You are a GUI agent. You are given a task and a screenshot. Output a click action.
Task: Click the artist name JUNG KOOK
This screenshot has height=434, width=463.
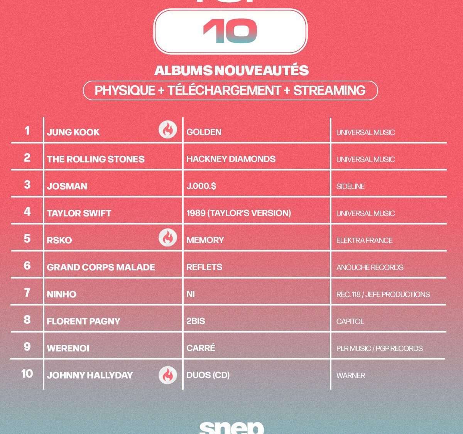coord(73,132)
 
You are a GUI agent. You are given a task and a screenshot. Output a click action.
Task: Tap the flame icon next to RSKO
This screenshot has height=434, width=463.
coord(167,238)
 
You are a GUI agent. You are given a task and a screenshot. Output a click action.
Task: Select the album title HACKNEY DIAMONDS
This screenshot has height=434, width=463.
coord(231,159)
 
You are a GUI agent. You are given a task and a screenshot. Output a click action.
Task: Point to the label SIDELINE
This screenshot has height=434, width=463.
coord(350,186)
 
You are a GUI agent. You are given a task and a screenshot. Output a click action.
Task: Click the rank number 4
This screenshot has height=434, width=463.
coord(27,212)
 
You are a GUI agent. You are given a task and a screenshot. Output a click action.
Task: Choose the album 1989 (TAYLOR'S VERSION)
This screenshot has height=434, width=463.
coord(239,213)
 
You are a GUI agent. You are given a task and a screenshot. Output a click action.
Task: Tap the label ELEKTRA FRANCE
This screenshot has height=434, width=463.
coord(364,240)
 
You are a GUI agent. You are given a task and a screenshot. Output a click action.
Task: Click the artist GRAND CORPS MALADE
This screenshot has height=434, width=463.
coord(101,267)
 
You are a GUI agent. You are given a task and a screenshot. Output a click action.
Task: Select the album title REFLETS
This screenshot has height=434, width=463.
coord(204,267)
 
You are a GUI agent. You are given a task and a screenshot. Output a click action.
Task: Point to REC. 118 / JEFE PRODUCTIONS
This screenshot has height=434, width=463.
coord(383,294)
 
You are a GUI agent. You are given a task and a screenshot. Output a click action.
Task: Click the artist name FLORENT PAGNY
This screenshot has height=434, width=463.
coord(83,321)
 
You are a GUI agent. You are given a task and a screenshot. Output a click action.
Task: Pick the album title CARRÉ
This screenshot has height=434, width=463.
coord(201,348)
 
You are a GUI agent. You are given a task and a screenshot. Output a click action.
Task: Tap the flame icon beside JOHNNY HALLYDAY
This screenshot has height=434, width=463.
coord(167,375)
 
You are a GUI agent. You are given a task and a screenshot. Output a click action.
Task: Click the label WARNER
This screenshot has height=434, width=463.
coord(351,375)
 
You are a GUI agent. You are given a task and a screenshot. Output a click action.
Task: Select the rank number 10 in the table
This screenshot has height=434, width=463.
coord(27,374)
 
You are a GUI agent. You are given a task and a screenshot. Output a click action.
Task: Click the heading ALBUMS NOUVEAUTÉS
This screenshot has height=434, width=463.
coord(231,71)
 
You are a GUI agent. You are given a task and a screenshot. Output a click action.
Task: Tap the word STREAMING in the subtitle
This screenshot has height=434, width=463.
coord(329,91)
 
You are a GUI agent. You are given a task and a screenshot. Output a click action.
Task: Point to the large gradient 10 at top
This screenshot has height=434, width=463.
coord(230,31)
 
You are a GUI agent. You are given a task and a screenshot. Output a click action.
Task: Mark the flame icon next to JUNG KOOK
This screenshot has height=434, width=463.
coord(167,130)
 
